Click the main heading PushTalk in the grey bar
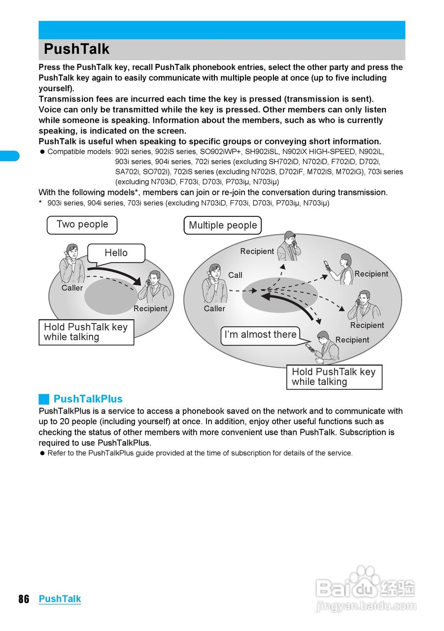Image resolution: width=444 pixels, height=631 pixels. click(76, 49)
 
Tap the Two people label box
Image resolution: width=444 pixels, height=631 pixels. click(82, 225)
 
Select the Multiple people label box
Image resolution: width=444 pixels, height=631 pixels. click(223, 226)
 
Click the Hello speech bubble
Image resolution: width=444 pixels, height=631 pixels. click(116, 253)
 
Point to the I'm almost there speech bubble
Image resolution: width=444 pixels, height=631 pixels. click(261, 335)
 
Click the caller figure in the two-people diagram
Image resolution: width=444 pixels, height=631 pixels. click(71, 264)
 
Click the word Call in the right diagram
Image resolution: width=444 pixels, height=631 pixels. click(235, 275)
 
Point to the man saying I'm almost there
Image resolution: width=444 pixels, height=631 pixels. click(325, 348)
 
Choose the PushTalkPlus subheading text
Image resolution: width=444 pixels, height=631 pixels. click(88, 399)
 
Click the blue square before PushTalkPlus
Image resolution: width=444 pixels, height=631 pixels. click(44, 399)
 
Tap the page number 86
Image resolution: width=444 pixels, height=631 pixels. click(24, 599)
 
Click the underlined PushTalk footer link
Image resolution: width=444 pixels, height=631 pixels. click(60, 599)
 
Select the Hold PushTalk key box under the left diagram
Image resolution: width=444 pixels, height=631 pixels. click(86, 332)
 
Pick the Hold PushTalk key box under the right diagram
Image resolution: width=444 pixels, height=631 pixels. click(334, 377)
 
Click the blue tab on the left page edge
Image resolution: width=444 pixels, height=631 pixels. click(9, 156)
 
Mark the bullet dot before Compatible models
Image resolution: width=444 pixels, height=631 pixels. click(42, 152)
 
